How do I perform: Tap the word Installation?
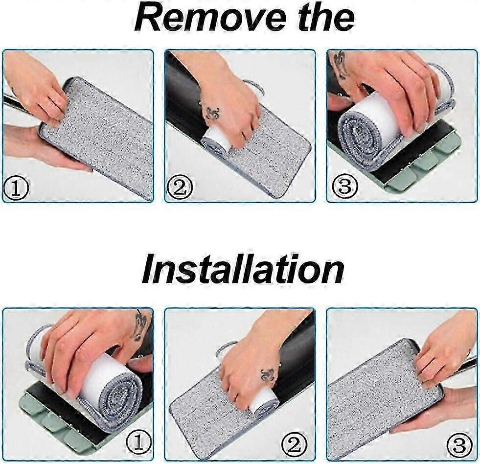243,270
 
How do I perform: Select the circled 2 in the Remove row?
180,187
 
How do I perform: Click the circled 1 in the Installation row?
138,442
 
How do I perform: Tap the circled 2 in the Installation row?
295,444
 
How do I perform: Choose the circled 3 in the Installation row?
458,444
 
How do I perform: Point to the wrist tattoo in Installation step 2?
269,374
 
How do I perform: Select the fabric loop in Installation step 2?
228,348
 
